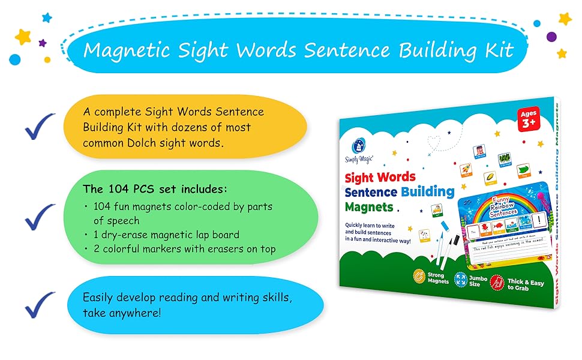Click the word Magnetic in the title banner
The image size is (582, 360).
pos(121,50)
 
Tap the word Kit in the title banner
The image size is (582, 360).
pos(499,50)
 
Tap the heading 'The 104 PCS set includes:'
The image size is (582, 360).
pos(155,189)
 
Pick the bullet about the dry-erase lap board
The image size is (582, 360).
pos(166,235)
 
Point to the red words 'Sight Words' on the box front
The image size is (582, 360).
pos(379,177)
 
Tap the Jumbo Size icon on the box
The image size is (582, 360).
pos(461,279)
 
